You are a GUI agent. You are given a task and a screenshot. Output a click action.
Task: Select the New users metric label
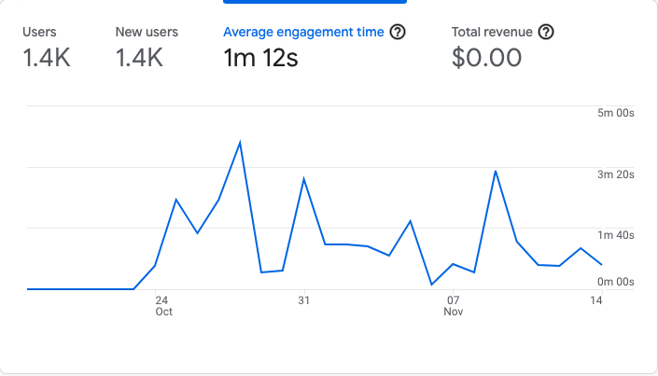click(x=147, y=32)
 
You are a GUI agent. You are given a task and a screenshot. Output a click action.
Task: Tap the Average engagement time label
click(x=303, y=32)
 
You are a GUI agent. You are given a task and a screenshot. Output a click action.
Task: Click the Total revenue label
click(x=493, y=32)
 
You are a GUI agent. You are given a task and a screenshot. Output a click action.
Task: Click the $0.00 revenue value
click(x=487, y=58)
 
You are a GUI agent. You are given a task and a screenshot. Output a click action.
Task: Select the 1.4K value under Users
click(x=47, y=58)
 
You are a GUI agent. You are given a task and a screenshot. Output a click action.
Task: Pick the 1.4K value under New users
click(x=140, y=58)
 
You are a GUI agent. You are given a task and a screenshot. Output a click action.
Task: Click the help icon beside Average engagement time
click(x=398, y=32)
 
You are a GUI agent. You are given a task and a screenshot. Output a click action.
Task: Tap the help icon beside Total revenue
click(x=547, y=32)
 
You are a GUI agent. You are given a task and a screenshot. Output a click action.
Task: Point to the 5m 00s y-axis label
click(x=616, y=114)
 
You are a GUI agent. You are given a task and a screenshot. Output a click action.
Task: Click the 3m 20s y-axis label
click(x=616, y=174)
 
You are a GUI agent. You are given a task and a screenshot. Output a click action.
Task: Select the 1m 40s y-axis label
click(x=616, y=235)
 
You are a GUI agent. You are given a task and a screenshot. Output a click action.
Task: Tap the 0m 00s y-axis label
click(x=616, y=282)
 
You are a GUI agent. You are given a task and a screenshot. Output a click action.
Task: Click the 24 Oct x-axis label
click(x=162, y=306)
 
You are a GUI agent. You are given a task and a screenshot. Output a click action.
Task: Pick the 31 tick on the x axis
click(x=303, y=300)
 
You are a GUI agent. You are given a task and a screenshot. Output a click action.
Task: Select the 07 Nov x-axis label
click(x=454, y=306)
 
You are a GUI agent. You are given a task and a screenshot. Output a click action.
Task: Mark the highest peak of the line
click(x=241, y=142)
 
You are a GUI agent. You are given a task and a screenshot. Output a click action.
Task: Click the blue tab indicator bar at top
click(x=315, y=3)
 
